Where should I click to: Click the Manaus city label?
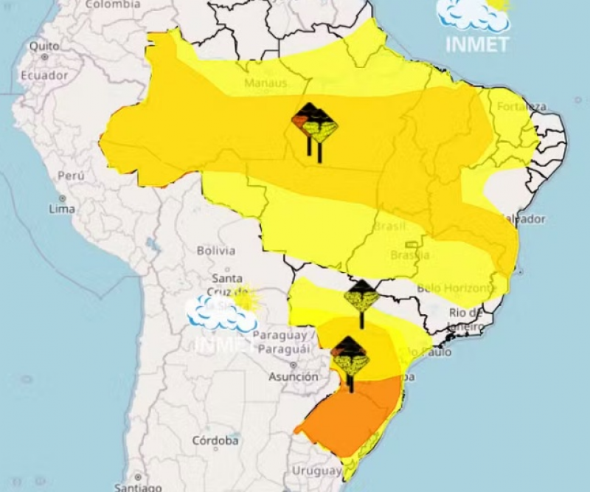[265, 83]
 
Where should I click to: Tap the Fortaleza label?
[521, 107]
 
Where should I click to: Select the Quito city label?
[44, 46]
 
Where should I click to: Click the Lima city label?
[61, 209]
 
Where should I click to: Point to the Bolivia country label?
[216, 251]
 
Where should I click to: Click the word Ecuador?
[44, 75]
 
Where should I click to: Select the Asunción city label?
[294, 376]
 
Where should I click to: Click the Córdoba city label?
[215, 440]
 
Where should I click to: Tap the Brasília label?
[409, 255]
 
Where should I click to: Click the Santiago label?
[138, 487]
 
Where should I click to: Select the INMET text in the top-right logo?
[477, 44]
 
